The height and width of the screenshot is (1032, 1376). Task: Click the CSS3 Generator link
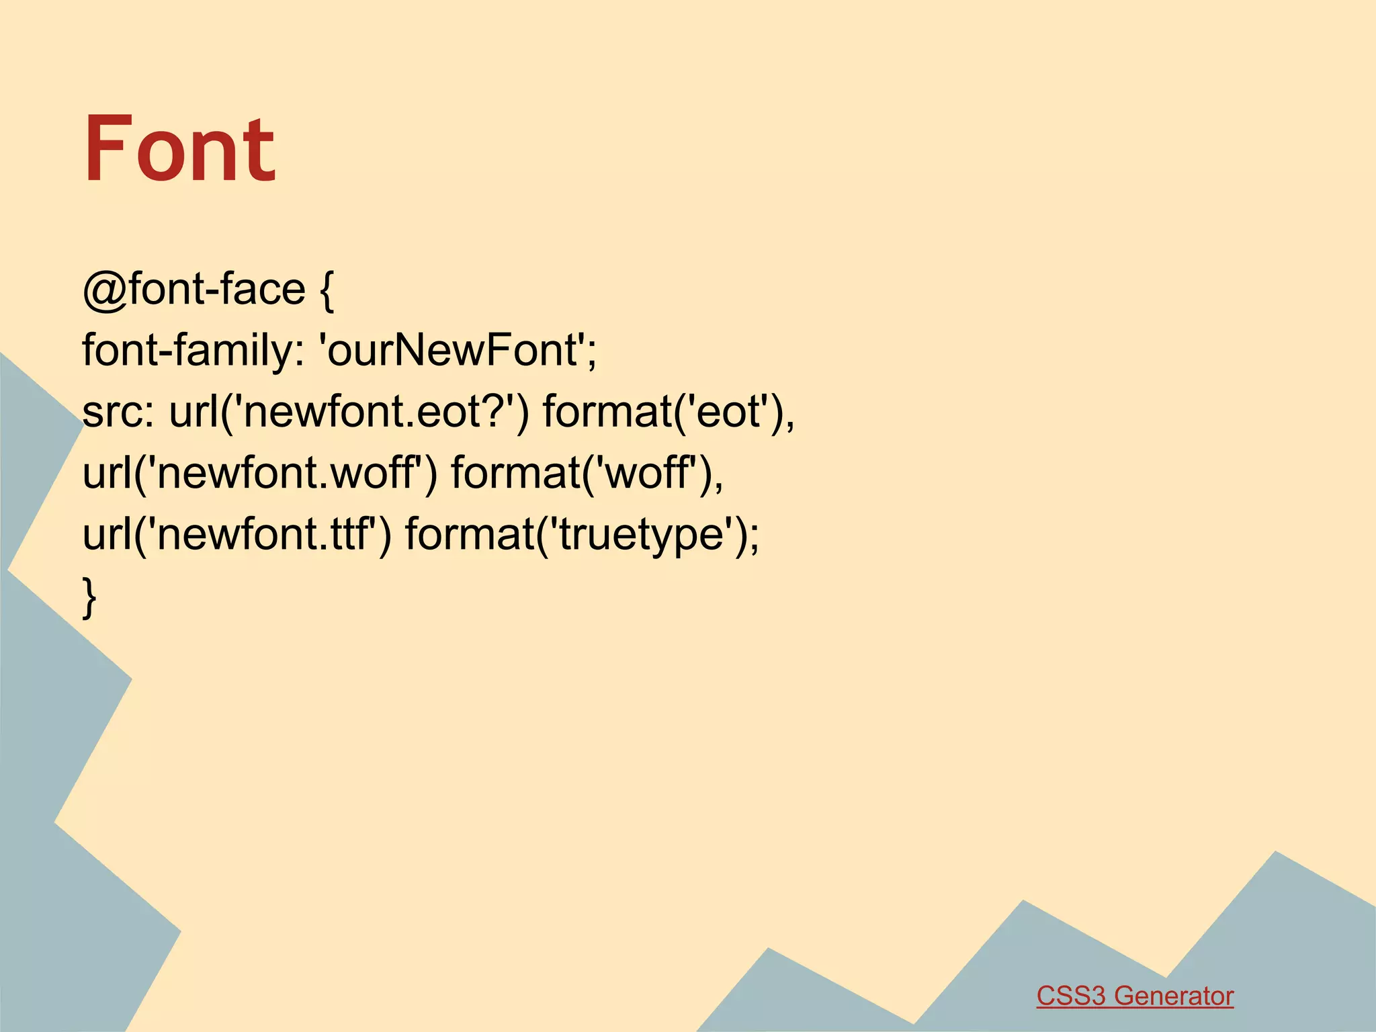[x=1135, y=996]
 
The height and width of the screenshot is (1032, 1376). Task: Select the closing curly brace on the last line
[x=89, y=596]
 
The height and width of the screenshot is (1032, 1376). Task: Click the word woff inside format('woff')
[x=649, y=473]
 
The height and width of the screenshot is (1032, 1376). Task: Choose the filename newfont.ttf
[x=265, y=535]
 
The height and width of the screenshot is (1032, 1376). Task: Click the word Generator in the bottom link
[x=1174, y=996]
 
